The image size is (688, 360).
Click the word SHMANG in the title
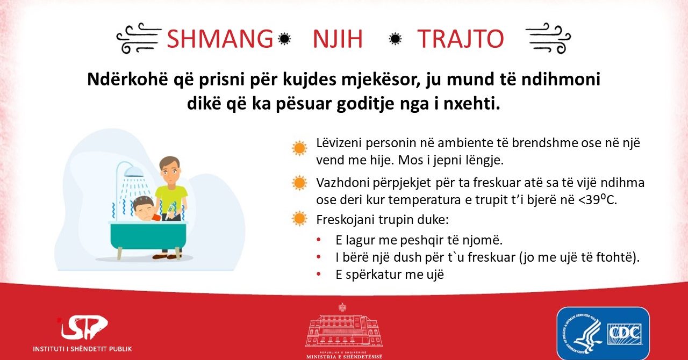tap(220, 39)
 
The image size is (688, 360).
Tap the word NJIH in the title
tap(338, 39)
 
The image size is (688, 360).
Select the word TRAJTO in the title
tap(461, 39)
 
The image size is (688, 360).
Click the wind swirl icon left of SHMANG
tap(139, 38)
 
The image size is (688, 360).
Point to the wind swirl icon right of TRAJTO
tap(548, 38)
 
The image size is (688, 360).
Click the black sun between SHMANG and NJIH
tap(284, 39)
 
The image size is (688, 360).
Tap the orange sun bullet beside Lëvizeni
tap(299, 148)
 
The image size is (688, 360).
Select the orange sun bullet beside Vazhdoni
tap(299, 183)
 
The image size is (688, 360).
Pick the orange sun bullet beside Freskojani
tap(299, 218)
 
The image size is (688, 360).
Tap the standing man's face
tap(169, 172)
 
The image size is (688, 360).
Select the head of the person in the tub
tap(144, 207)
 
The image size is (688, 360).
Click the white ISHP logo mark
tap(83, 327)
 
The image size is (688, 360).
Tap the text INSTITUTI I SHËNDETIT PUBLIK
tap(82, 349)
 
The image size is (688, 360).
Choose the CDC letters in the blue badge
tap(625, 334)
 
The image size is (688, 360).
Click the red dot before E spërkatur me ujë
tap(319, 274)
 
